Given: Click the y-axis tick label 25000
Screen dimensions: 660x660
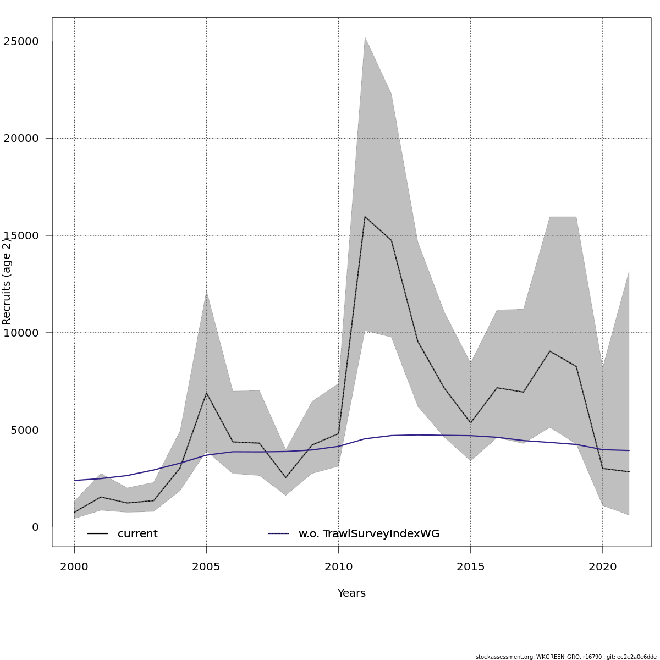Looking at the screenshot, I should (21, 41).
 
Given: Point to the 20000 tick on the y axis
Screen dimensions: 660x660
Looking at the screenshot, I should (21, 139).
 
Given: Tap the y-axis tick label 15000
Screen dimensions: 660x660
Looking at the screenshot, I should (21, 235).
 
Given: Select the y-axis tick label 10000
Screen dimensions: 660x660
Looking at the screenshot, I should (21, 333).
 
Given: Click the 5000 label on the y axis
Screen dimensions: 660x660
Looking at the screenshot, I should (24, 430).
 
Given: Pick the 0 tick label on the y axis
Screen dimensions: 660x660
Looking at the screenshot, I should (36, 527).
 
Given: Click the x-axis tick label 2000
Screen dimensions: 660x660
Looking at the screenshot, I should (74, 567).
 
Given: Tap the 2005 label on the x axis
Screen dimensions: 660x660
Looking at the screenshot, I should (206, 567).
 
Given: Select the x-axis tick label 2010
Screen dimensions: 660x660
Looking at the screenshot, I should (338, 567).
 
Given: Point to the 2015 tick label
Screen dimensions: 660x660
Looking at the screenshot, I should (471, 567).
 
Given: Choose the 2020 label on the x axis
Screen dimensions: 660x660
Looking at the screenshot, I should (603, 567).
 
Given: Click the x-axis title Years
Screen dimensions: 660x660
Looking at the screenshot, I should (351, 593).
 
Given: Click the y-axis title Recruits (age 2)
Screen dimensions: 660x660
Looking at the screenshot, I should (7, 282).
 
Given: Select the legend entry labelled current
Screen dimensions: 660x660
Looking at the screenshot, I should (137, 534).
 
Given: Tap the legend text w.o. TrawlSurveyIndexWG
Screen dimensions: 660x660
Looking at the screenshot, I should (369, 534).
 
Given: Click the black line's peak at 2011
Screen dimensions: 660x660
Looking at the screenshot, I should (365, 217).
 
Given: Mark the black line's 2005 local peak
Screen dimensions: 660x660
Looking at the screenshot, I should (206, 393).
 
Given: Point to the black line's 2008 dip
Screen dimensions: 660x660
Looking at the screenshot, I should (285, 477).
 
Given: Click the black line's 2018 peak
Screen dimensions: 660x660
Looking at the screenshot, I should (550, 351).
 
